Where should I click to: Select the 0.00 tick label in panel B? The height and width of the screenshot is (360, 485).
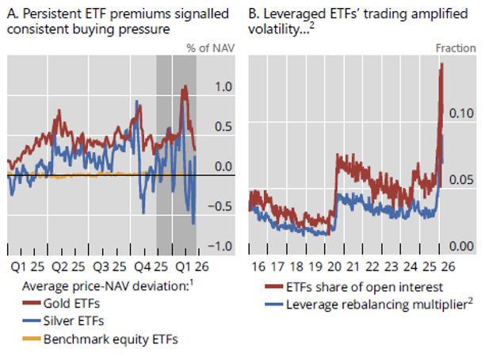pyautogui.click(x=463, y=247)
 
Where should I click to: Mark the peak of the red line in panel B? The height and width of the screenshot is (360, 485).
pyautogui.click(x=441, y=64)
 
